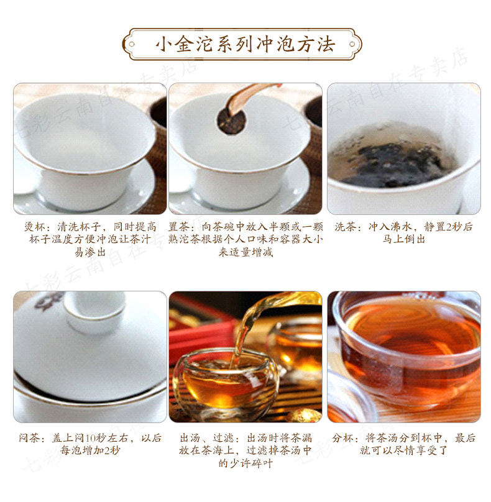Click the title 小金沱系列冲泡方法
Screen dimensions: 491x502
pyautogui.click(x=245, y=44)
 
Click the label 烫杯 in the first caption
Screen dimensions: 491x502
pyautogui.click(x=35, y=227)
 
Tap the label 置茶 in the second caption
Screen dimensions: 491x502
pyautogui.click(x=179, y=227)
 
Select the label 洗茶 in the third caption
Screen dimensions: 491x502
pyautogui.click(x=346, y=227)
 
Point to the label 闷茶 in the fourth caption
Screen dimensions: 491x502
pyautogui.click(x=29, y=437)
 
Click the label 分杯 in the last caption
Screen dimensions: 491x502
pyautogui.click(x=342, y=437)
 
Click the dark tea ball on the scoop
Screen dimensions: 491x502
pyautogui.click(x=231, y=121)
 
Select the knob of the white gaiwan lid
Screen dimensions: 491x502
pyautogui.click(x=94, y=311)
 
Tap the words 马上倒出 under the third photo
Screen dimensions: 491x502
pyautogui.click(x=403, y=239)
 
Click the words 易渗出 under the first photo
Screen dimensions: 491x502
pyautogui.click(x=90, y=252)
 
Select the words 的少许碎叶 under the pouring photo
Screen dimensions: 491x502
pyautogui.click(x=245, y=463)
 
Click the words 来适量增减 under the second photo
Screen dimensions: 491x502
pyautogui.click(x=245, y=252)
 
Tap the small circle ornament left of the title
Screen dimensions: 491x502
pyautogui.click(x=131, y=44)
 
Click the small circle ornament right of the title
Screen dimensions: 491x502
pyautogui.click(x=352, y=44)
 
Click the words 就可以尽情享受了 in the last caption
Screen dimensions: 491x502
pyautogui.click(x=403, y=450)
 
